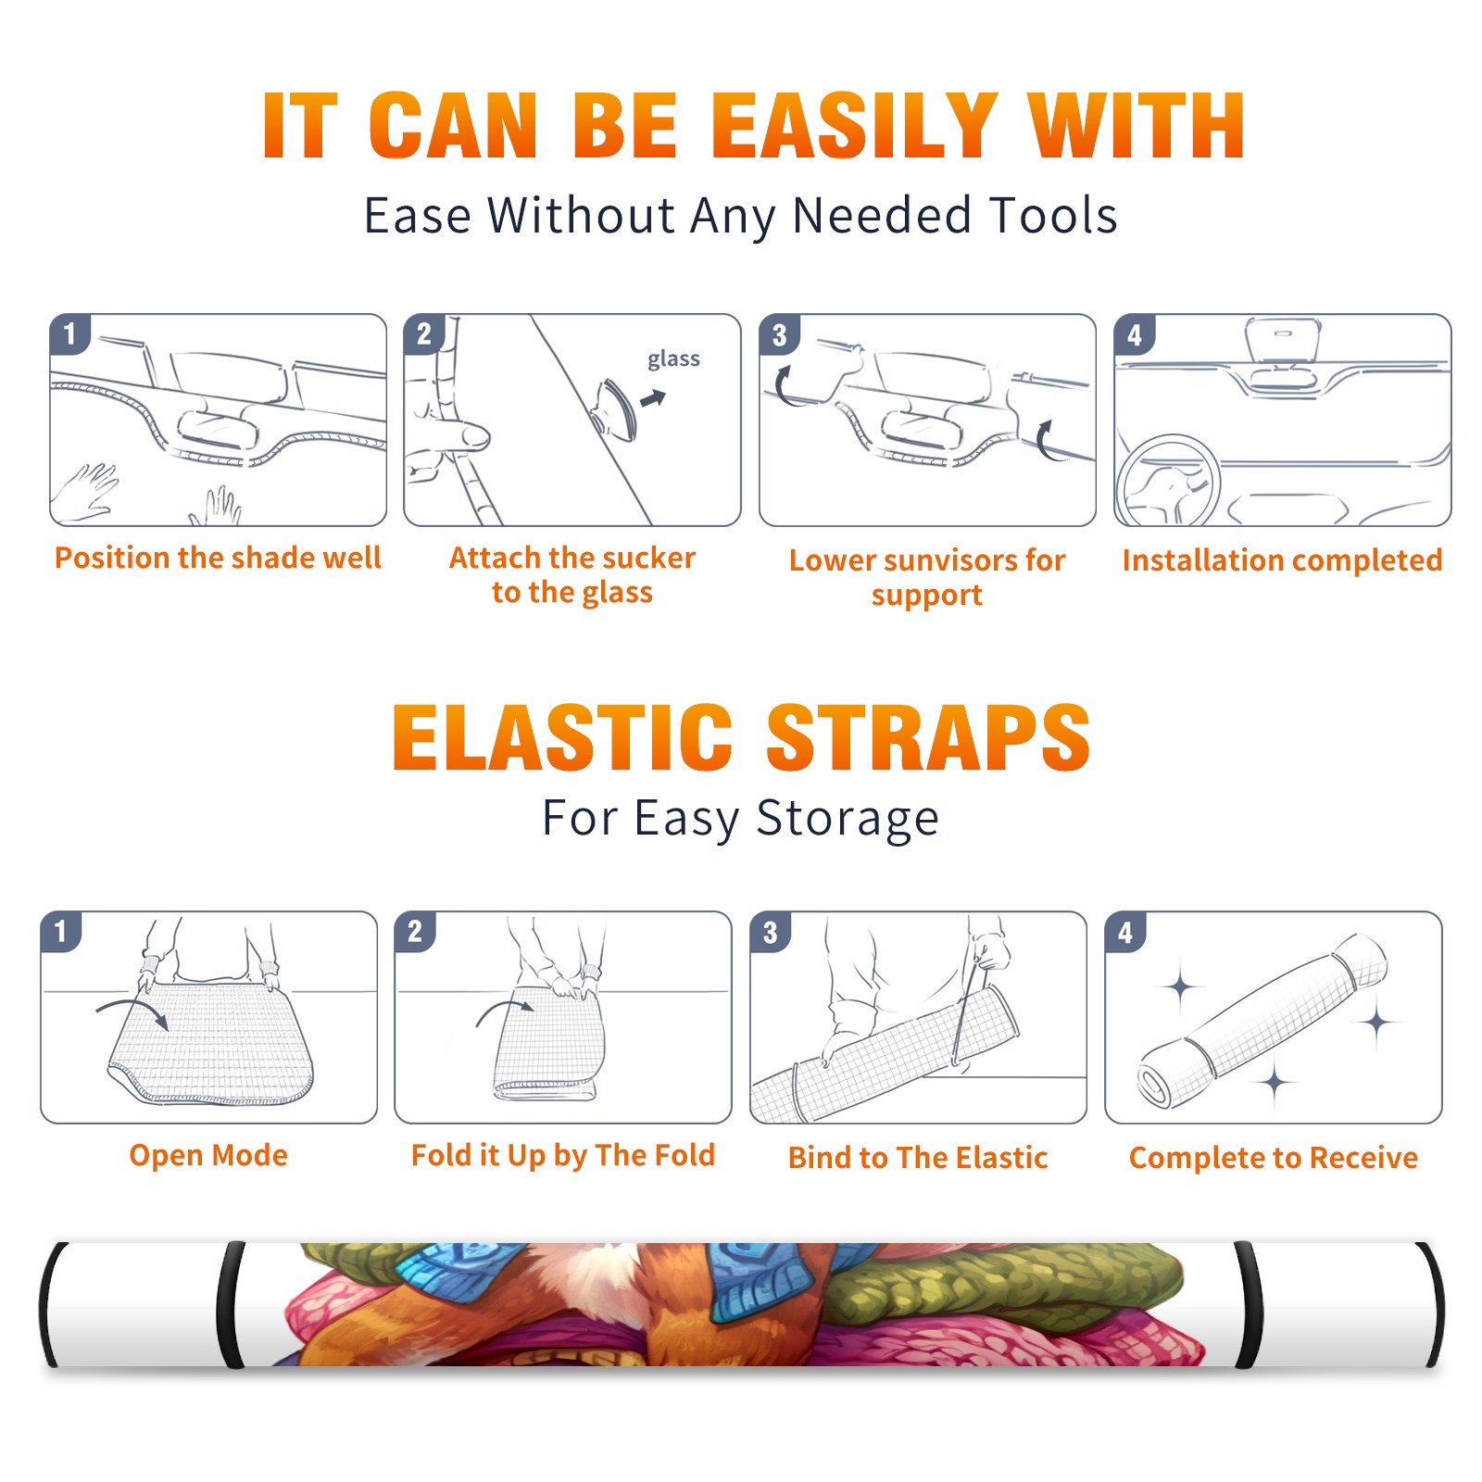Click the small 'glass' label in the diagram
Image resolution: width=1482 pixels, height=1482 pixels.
pos(673,359)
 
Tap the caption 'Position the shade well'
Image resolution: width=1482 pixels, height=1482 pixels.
pos(218,558)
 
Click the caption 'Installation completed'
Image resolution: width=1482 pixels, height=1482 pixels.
pos(1282,559)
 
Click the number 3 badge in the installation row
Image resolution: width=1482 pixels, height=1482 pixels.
pos(779,335)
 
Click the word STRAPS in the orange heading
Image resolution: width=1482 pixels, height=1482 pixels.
pos(928,737)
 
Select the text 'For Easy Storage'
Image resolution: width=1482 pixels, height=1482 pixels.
pos(740,819)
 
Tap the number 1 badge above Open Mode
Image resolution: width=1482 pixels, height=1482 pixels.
pos(61,931)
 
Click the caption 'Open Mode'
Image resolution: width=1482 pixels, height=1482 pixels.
pos(208,1155)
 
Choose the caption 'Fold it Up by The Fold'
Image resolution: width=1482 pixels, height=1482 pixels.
pos(563,1155)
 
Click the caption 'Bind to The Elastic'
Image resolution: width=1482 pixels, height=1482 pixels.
pos(918,1158)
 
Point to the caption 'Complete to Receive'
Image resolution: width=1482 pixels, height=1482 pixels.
pos(1274,1158)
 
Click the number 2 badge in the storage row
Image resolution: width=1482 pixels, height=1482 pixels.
pos(415,931)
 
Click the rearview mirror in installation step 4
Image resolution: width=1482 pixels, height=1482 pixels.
pos(1283,342)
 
